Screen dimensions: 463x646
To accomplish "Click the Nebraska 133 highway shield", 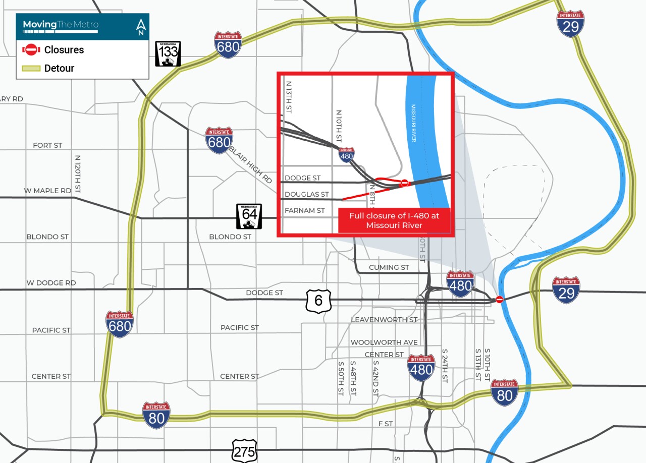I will point(168,53).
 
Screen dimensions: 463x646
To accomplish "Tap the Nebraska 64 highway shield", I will point(249,216).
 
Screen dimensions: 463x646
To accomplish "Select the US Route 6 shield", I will point(318,301).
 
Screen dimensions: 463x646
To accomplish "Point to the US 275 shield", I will point(245,451).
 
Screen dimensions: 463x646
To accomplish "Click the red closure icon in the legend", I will point(31,49).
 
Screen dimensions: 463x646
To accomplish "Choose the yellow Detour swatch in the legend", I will point(31,68).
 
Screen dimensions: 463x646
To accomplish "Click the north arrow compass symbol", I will point(141,27).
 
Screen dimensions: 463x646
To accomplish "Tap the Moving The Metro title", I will point(61,25).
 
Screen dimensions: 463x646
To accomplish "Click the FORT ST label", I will point(47,145).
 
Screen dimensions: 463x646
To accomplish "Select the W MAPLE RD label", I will point(48,191).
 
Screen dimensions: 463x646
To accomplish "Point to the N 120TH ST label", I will point(77,174).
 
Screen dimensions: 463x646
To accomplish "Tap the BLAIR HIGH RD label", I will point(250,164).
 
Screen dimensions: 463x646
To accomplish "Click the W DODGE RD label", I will point(51,283).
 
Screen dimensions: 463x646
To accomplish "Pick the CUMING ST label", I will point(389,267).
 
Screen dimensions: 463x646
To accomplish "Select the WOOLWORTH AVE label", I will point(384,342).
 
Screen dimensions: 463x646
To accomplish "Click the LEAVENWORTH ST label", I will point(384,320).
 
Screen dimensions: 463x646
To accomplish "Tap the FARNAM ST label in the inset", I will point(305,210).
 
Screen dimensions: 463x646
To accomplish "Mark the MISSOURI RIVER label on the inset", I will point(413,123).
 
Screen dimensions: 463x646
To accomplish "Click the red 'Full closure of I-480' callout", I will point(394,220).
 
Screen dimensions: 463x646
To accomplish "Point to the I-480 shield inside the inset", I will point(346,154).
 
